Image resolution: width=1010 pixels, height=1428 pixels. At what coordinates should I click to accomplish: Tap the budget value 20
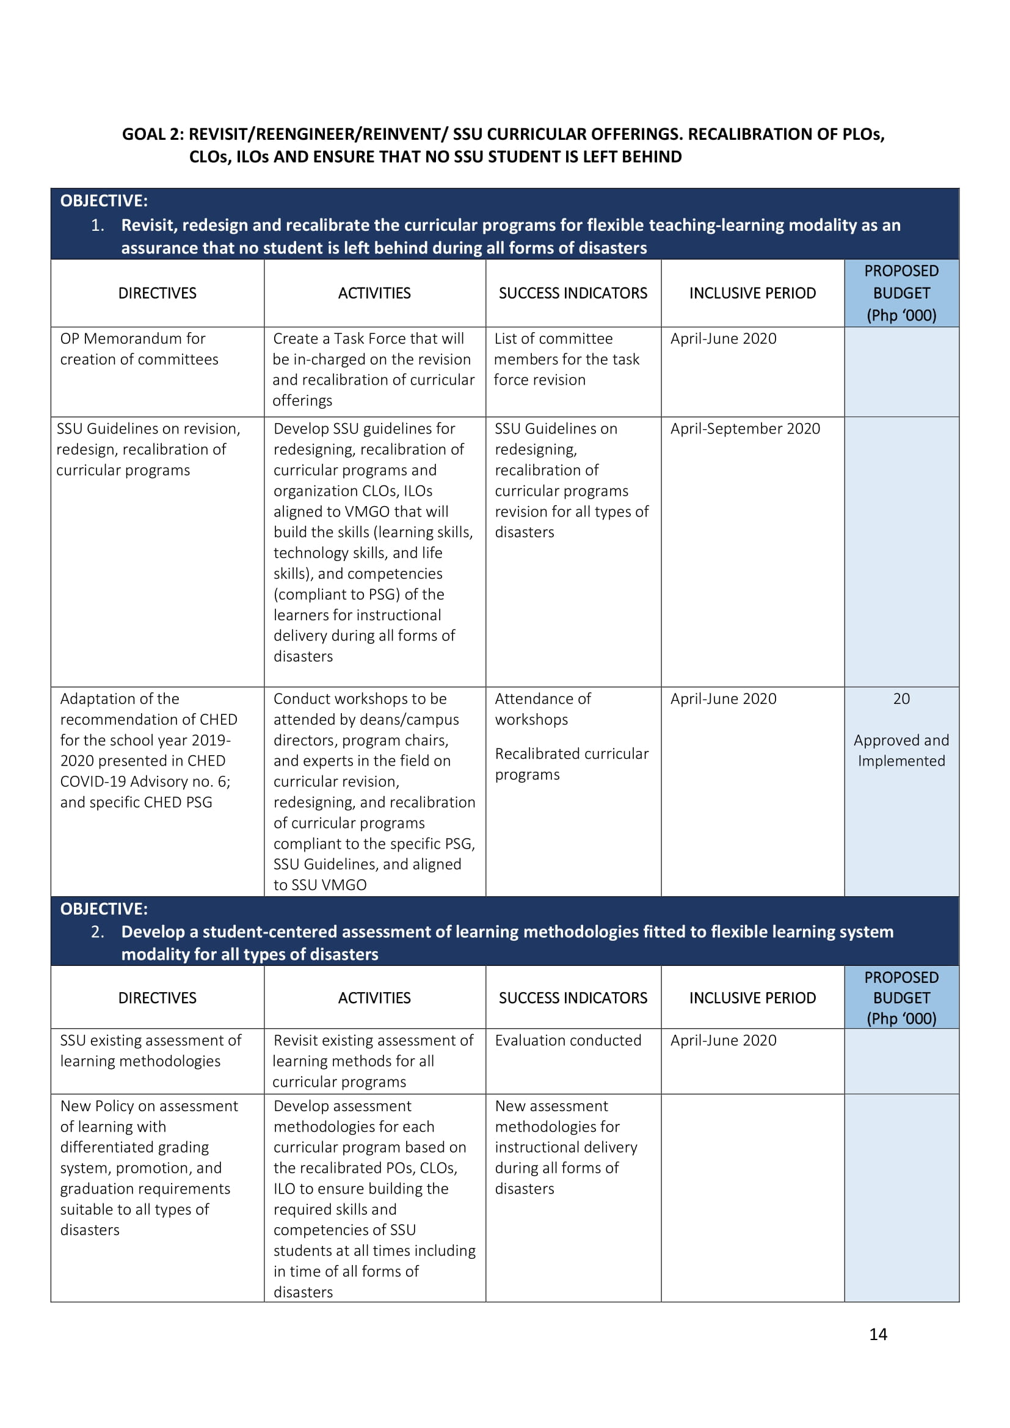[x=901, y=699]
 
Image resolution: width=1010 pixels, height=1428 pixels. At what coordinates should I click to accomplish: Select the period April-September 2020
[x=744, y=429]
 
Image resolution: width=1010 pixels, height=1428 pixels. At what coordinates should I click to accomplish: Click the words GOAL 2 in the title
[x=153, y=134]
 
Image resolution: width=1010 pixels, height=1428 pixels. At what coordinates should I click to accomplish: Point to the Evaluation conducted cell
[x=568, y=1040]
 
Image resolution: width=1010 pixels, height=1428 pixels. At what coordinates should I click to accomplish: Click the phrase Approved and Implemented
[x=901, y=751]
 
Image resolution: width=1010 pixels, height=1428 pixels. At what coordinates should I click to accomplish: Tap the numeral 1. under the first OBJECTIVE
[x=98, y=225]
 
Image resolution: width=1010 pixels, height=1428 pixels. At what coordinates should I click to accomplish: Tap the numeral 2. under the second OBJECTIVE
[x=98, y=932]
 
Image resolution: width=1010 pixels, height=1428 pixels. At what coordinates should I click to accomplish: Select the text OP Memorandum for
[x=133, y=339]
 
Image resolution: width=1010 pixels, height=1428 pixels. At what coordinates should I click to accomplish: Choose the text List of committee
[x=553, y=339]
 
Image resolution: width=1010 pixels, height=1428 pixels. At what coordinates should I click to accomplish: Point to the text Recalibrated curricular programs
[x=572, y=764]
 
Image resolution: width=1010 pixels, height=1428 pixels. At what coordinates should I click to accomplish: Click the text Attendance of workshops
[x=542, y=709]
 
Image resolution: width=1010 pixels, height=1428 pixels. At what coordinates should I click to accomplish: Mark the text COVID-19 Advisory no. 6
[x=144, y=782]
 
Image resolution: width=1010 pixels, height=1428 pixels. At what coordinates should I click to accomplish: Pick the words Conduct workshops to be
[x=360, y=699]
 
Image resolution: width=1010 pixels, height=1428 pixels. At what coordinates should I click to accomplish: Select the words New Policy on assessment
[x=149, y=1106]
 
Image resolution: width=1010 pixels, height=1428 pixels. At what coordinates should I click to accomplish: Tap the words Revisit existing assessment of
[x=373, y=1040]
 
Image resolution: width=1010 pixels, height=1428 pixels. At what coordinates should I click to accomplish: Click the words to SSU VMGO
[x=319, y=885]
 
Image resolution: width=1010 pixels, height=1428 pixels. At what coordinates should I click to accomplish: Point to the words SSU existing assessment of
[x=150, y=1040]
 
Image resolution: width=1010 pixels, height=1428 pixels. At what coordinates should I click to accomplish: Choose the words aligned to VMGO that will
[x=361, y=512]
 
